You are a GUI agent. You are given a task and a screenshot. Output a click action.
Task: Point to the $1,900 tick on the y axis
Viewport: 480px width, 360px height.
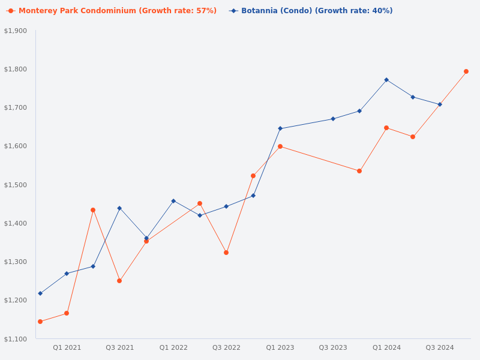tap(16, 31)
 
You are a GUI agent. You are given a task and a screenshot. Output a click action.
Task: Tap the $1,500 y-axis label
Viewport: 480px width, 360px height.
tap(16, 185)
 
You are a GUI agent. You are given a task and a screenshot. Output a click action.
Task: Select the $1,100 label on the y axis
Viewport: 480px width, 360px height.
tap(16, 339)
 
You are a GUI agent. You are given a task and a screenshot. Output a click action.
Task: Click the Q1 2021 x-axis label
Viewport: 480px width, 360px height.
tap(67, 347)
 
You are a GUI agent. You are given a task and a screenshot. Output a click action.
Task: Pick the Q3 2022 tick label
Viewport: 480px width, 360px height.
tap(226, 347)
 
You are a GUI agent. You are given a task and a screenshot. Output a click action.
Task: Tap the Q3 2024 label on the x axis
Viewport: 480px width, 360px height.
tap(440, 347)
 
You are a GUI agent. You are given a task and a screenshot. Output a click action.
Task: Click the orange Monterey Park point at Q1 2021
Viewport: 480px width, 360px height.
tap(67, 313)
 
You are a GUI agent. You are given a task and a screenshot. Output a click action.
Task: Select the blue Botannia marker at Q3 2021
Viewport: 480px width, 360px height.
tap(119, 208)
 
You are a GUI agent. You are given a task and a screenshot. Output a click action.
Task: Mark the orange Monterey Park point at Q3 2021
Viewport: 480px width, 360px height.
tap(119, 281)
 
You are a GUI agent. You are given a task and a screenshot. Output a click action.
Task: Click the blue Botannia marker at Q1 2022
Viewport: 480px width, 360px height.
tap(173, 201)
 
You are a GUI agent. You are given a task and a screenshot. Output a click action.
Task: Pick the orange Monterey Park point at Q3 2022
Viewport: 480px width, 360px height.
tap(226, 253)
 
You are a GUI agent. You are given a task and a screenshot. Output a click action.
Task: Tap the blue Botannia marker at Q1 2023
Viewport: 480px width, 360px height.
tap(280, 128)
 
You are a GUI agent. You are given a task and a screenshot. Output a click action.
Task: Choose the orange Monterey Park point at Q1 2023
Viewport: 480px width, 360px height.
tap(280, 146)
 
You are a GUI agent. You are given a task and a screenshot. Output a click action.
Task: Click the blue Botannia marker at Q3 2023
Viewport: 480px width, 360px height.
tap(333, 119)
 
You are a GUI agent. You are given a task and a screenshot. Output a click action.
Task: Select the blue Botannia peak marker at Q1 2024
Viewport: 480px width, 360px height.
tap(386, 80)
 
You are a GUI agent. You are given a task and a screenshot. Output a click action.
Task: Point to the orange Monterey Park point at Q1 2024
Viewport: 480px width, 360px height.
tap(386, 128)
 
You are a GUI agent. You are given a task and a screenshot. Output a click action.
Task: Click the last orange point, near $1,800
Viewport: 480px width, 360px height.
tap(466, 71)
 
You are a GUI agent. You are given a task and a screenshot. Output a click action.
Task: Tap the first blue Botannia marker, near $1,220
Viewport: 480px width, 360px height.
tap(40, 293)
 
